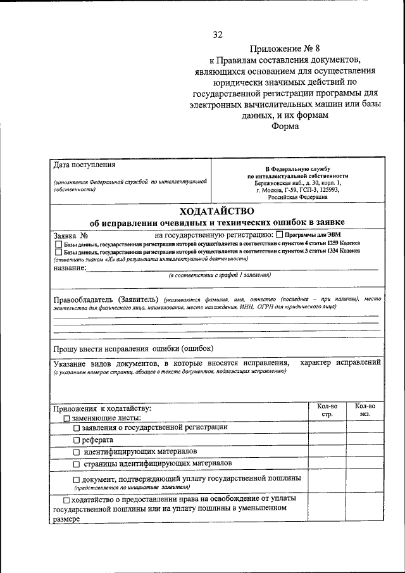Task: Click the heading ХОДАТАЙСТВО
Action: (x=216, y=210)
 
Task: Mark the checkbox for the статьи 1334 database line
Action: (x=58, y=252)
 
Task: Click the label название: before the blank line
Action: (x=69, y=268)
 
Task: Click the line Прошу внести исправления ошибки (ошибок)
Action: (x=134, y=349)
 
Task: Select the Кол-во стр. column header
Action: (x=327, y=410)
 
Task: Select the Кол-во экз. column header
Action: (x=364, y=410)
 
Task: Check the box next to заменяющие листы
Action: (x=66, y=419)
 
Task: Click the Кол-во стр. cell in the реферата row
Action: (x=327, y=440)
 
